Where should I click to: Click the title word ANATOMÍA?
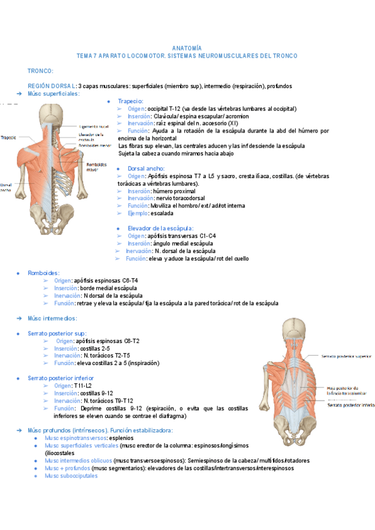187,48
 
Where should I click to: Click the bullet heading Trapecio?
131,101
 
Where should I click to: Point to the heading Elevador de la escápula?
160,228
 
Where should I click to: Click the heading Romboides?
43,273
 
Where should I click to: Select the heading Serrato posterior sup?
57,333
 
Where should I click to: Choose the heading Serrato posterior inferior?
60,378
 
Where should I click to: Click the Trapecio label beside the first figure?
9,137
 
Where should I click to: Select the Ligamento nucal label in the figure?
94,125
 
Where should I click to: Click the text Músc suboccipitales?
71,476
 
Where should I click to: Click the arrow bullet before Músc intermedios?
19,318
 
